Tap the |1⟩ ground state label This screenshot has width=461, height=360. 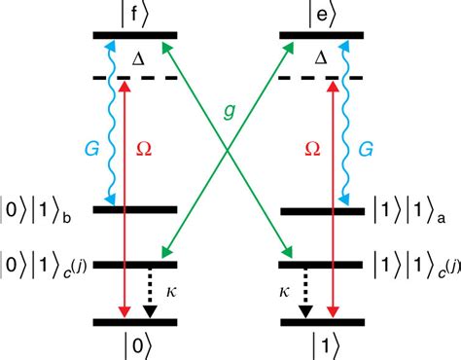click(324, 344)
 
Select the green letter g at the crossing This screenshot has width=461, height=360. click(230, 112)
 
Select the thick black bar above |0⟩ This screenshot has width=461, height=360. click(135, 321)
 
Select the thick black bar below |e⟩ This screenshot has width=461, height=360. click(323, 36)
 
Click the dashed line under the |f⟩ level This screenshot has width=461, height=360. click(135, 77)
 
